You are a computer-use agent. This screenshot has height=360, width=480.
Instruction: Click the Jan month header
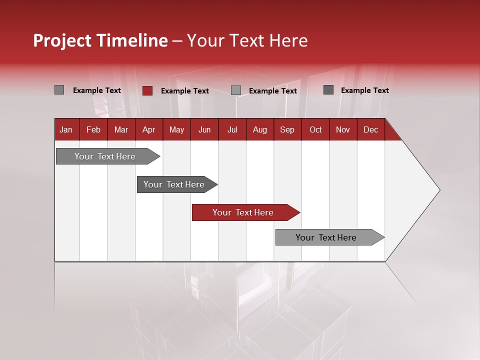[66, 129]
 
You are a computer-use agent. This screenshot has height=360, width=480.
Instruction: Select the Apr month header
[148, 129]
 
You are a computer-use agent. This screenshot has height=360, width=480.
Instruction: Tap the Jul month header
[232, 129]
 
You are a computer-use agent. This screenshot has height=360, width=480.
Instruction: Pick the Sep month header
[287, 129]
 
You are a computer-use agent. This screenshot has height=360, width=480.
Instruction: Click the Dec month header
[370, 129]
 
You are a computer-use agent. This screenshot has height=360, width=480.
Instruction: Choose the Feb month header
[93, 129]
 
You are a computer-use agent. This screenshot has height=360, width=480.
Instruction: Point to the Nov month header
[342, 129]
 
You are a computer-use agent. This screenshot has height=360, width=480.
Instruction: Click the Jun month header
[204, 129]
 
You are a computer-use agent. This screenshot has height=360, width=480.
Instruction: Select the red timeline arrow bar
[245, 212]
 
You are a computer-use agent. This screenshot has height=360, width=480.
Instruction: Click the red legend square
[147, 90]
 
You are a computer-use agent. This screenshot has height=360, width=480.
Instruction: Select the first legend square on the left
[59, 90]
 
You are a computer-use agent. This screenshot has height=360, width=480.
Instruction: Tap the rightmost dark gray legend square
[328, 90]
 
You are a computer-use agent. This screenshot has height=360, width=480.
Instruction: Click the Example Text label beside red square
[184, 91]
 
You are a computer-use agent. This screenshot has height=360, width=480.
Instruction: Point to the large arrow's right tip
[439, 190]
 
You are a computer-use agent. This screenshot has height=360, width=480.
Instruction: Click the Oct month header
[315, 129]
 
